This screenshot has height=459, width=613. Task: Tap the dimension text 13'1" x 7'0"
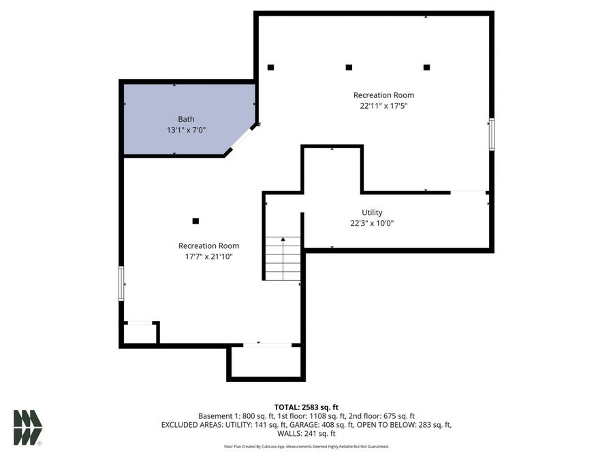(186, 130)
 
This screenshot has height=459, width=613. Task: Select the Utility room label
(372, 212)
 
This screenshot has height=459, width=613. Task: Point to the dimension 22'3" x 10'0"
(372, 223)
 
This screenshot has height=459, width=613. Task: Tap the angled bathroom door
(241, 139)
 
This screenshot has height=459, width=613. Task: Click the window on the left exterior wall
(122, 284)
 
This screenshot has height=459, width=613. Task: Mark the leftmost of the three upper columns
(270, 67)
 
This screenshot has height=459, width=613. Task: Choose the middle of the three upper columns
(349, 67)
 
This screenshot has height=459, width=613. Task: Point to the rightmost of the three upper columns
(426, 67)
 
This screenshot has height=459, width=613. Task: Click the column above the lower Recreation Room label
(195, 221)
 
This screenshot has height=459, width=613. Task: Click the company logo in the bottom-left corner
(27, 428)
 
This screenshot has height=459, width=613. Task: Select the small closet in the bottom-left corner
(140, 334)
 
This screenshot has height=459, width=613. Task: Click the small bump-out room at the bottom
(266, 361)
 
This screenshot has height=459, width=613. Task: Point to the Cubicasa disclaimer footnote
(306, 447)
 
